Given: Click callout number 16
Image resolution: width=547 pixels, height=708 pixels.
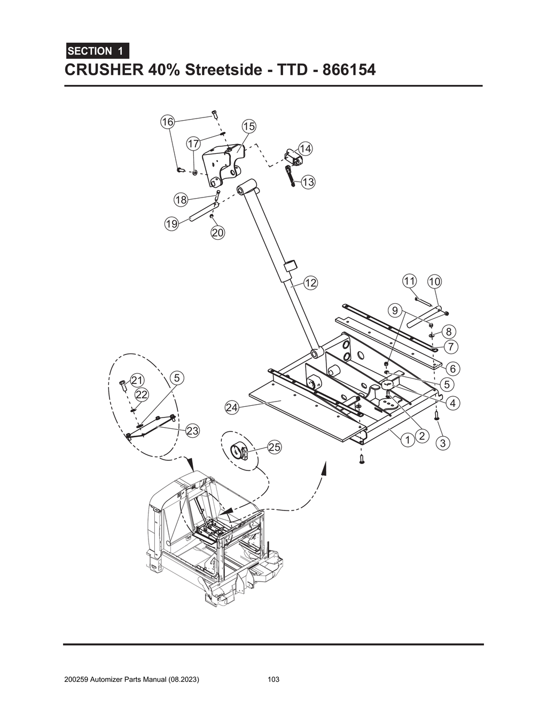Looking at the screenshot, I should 168,122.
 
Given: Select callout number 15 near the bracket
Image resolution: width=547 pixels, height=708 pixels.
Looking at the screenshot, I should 249,127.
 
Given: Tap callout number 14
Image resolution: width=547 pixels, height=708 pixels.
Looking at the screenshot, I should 306,148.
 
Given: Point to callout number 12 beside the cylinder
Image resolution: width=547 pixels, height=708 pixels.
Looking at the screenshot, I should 310,282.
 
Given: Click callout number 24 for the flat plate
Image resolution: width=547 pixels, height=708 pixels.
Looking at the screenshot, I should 231,408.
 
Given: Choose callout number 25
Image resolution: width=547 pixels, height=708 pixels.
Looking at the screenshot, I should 274,447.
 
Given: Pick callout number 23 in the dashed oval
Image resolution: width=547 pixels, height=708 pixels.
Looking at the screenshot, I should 192,430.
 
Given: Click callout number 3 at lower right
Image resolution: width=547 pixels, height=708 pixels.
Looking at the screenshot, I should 442,443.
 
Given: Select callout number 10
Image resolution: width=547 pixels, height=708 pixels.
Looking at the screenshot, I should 434,281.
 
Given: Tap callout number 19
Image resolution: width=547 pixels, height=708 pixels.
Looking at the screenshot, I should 171,224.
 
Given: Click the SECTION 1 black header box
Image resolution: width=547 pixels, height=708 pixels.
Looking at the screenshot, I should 97,51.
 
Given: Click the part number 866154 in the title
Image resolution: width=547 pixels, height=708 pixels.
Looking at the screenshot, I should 348,70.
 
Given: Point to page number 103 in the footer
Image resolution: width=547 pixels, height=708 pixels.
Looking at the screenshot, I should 273,680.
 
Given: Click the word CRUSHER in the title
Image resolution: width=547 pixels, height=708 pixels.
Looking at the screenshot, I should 101,70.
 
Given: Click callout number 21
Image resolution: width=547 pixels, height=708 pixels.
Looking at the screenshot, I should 138,380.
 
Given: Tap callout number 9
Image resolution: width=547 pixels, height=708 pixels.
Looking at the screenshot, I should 394,310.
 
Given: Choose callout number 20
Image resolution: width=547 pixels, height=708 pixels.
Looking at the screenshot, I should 217,232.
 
